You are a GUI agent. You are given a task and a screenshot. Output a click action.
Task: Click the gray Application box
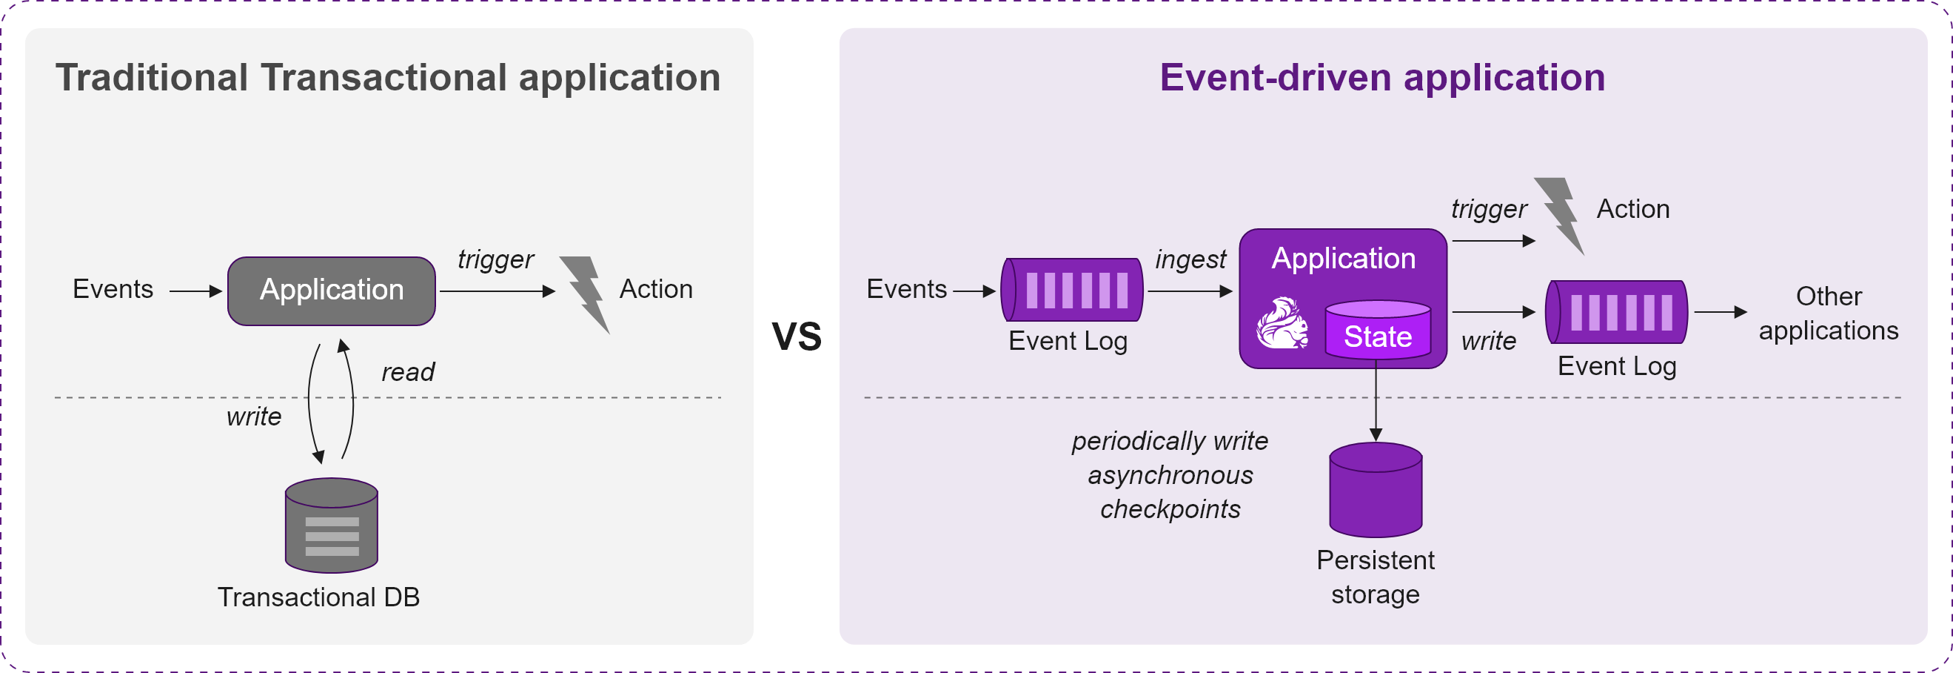click(x=332, y=291)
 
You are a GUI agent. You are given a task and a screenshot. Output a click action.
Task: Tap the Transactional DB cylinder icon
click(x=332, y=525)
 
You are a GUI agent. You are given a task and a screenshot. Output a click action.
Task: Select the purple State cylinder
click(x=1378, y=329)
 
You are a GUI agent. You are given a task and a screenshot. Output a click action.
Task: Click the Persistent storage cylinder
click(x=1376, y=490)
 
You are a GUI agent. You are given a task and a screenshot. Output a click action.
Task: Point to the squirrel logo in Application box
click(x=1282, y=323)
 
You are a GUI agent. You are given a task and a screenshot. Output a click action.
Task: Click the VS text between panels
click(x=796, y=336)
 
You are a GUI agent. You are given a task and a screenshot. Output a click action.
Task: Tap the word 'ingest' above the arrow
click(x=1190, y=259)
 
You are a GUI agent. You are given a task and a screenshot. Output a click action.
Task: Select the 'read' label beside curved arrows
click(x=408, y=372)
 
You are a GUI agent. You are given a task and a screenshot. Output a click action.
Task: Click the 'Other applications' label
click(x=1829, y=314)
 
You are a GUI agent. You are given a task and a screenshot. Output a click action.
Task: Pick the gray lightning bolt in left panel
click(x=586, y=294)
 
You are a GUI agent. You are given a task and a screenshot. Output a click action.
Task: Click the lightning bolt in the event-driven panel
click(x=1560, y=216)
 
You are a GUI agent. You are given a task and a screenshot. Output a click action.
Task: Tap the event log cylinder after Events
click(x=1072, y=290)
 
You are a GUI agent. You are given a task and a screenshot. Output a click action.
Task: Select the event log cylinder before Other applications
click(x=1616, y=312)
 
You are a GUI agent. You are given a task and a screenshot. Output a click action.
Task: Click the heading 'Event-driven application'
click(x=1382, y=77)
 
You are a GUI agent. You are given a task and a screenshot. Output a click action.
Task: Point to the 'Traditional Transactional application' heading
click(x=387, y=77)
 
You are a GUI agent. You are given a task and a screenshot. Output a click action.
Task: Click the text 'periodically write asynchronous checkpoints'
click(x=1170, y=475)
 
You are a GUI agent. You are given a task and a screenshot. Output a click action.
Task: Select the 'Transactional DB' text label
click(x=318, y=597)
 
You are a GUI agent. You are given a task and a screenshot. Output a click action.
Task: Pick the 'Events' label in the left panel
click(x=113, y=289)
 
